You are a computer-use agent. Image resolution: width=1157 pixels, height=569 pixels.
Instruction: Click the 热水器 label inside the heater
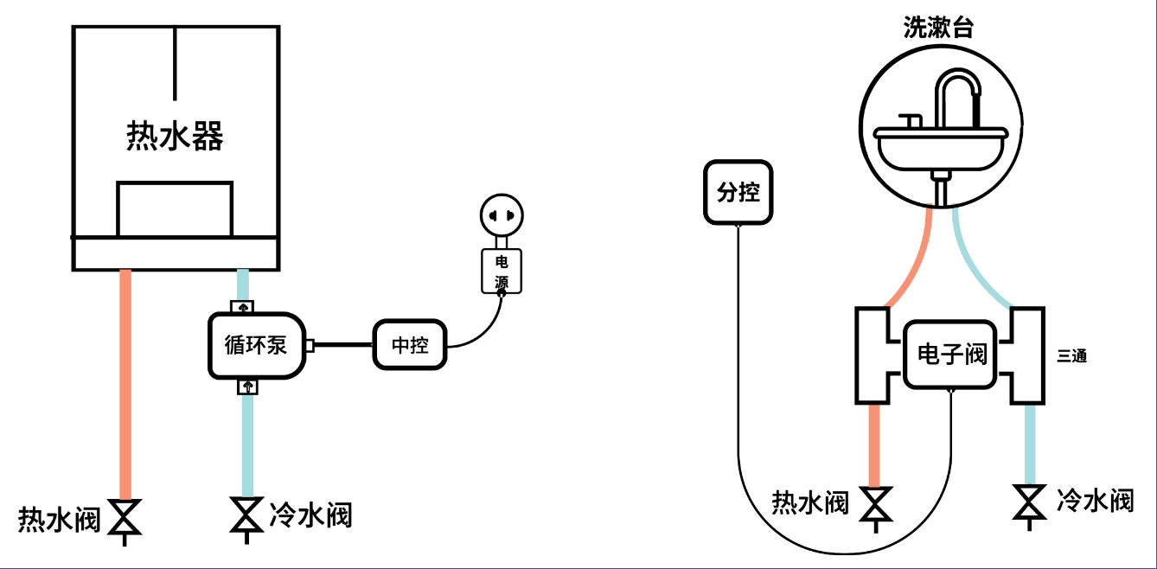click(x=175, y=137)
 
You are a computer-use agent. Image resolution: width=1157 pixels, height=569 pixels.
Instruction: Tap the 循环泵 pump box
click(x=257, y=345)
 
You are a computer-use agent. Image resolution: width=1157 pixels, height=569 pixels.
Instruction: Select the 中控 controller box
click(x=410, y=344)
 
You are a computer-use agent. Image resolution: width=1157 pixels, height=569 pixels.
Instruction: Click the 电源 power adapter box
click(x=502, y=272)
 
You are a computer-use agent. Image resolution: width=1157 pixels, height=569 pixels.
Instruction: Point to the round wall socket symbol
click(x=502, y=215)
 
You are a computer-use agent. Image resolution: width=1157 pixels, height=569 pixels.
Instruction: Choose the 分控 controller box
click(x=738, y=192)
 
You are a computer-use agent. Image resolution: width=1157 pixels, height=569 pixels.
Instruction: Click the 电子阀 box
click(x=950, y=355)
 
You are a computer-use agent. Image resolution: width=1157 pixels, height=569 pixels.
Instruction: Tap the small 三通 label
click(x=1071, y=355)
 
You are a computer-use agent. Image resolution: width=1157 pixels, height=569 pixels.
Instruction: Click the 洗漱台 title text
click(x=938, y=28)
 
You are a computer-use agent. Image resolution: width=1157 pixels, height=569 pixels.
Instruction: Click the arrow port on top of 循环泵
click(x=242, y=307)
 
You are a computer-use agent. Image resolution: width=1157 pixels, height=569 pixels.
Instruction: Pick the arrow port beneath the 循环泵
click(x=248, y=387)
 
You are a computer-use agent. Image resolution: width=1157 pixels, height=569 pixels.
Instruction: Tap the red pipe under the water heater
click(x=125, y=385)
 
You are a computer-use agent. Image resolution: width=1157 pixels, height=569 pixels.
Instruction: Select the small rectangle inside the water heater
click(x=175, y=209)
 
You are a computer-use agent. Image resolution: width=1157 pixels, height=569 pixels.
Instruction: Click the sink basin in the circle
click(x=941, y=149)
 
